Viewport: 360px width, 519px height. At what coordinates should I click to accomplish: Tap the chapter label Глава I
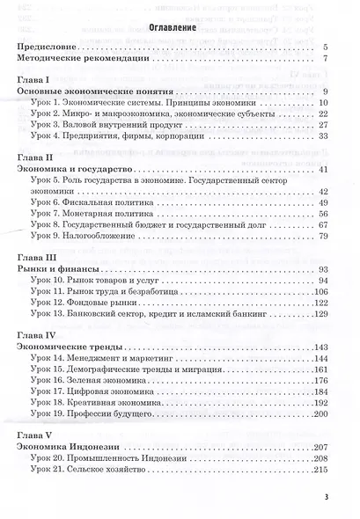pos(36,79)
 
